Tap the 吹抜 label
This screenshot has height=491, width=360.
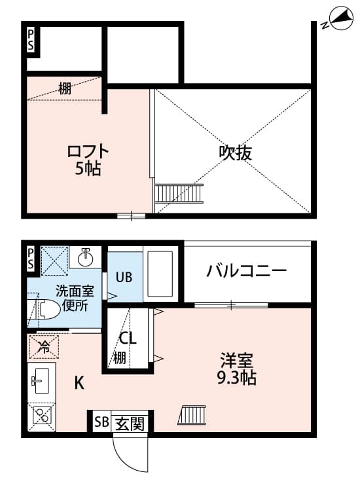pos(235,153)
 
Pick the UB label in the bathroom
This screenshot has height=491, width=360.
pos(124,276)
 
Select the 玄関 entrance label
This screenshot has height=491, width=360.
pos(130,423)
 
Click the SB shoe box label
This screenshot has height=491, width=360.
pos(101,423)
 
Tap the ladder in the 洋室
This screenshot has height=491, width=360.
pos(192,415)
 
